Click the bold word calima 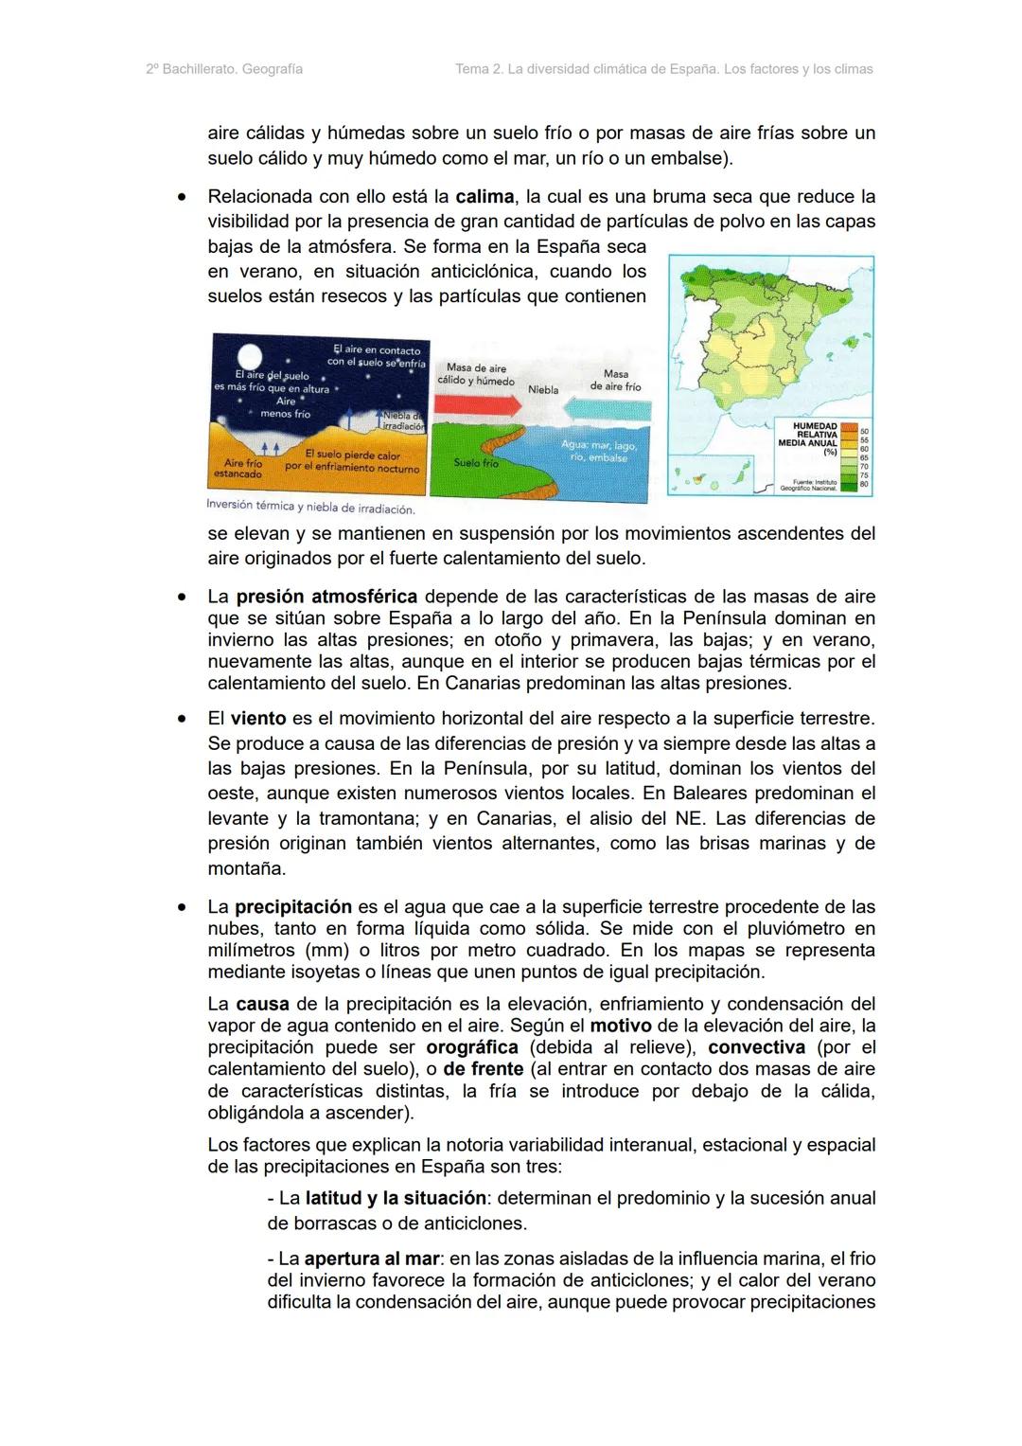(485, 197)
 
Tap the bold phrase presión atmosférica (326, 597)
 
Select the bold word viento (258, 719)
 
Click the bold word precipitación (293, 906)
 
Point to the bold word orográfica (472, 1047)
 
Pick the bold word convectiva (756, 1047)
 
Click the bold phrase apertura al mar (372, 1259)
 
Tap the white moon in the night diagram (250, 357)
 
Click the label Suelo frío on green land (475, 463)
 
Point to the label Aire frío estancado (238, 468)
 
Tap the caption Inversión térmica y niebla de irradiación (310, 509)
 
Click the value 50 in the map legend (864, 432)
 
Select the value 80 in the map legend (864, 484)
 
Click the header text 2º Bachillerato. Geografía (224, 69)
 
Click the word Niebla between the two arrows (542, 389)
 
